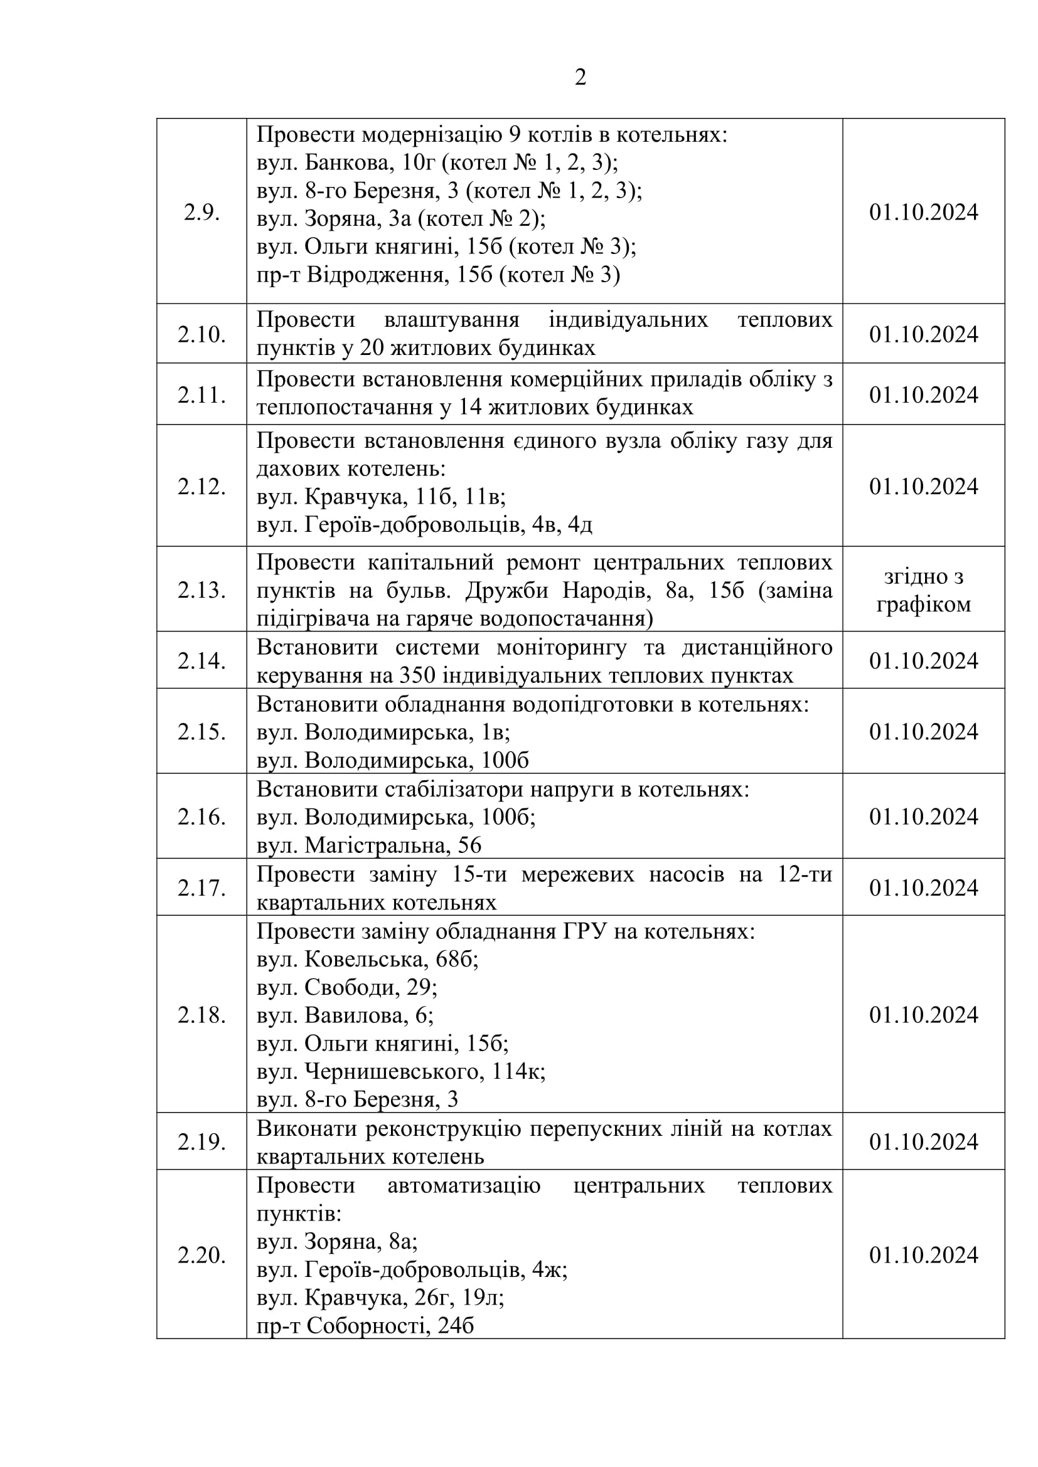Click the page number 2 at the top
coord(580,77)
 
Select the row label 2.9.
coord(201,212)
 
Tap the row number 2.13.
coord(201,590)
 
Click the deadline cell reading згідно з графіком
coord(923,590)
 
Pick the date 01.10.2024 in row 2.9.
coord(923,212)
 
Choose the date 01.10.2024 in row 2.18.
coord(923,1015)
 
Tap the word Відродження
coord(375,275)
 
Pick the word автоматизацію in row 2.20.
coord(463,1185)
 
